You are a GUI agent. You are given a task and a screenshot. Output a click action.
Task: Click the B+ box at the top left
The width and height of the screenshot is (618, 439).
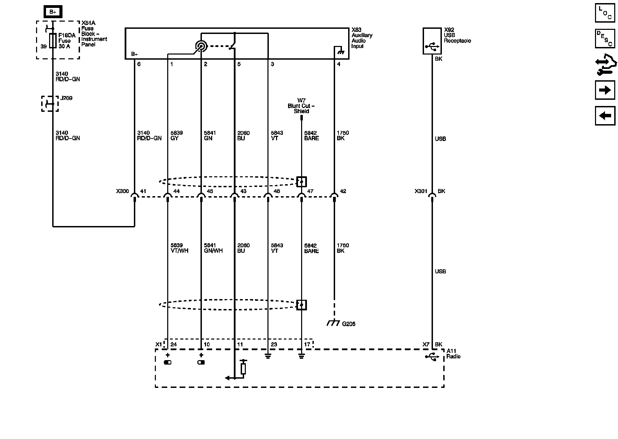(x=53, y=12)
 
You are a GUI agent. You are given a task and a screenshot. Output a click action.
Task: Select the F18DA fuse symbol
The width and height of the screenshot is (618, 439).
(x=53, y=40)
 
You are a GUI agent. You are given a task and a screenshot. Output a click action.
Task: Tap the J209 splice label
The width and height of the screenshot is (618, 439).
(x=66, y=98)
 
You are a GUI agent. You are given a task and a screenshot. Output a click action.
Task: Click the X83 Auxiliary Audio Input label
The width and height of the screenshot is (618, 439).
(x=362, y=38)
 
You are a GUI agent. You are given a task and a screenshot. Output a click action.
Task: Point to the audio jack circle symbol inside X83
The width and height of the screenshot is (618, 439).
(x=201, y=46)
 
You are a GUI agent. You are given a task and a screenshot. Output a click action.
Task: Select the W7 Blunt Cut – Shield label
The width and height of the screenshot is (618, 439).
(x=301, y=106)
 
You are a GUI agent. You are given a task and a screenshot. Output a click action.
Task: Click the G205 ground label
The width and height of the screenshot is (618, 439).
(x=348, y=324)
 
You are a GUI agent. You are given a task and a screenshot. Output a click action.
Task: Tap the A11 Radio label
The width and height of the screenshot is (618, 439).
(x=453, y=354)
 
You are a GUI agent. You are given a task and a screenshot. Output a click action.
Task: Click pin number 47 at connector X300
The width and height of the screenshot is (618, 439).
(x=310, y=191)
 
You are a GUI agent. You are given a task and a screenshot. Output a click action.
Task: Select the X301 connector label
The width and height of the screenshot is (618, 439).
(x=421, y=191)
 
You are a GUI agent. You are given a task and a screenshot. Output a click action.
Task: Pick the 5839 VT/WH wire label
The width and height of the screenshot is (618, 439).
(x=179, y=248)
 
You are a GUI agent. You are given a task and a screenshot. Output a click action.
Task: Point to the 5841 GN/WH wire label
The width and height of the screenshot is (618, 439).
(x=213, y=248)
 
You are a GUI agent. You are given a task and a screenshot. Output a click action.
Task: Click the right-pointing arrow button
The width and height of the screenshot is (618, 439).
(x=605, y=90)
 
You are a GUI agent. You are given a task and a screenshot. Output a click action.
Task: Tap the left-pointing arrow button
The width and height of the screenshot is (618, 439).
(x=605, y=116)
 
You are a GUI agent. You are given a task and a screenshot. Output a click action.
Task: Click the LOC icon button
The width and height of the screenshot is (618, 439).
(x=605, y=13)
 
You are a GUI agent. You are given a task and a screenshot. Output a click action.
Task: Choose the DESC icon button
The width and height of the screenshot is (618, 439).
(x=605, y=38)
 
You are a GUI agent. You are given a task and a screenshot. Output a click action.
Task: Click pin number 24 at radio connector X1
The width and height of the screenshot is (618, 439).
(x=173, y=345)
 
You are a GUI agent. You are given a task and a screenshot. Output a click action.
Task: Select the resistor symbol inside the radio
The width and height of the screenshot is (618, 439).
(x=243, y=369)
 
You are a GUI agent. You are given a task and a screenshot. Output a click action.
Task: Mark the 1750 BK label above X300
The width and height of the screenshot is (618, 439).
(x=343, y=135)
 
